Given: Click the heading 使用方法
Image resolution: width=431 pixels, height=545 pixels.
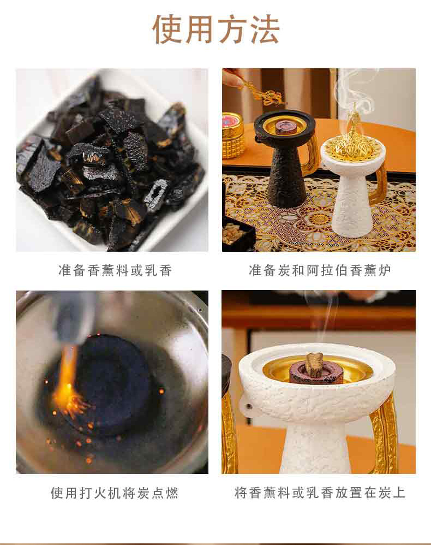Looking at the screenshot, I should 215,29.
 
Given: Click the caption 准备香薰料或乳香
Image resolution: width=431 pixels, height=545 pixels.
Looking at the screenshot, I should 115,270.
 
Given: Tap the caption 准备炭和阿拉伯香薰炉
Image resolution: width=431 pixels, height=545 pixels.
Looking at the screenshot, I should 320,270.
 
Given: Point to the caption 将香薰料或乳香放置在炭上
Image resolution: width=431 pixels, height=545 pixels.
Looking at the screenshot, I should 320,493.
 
